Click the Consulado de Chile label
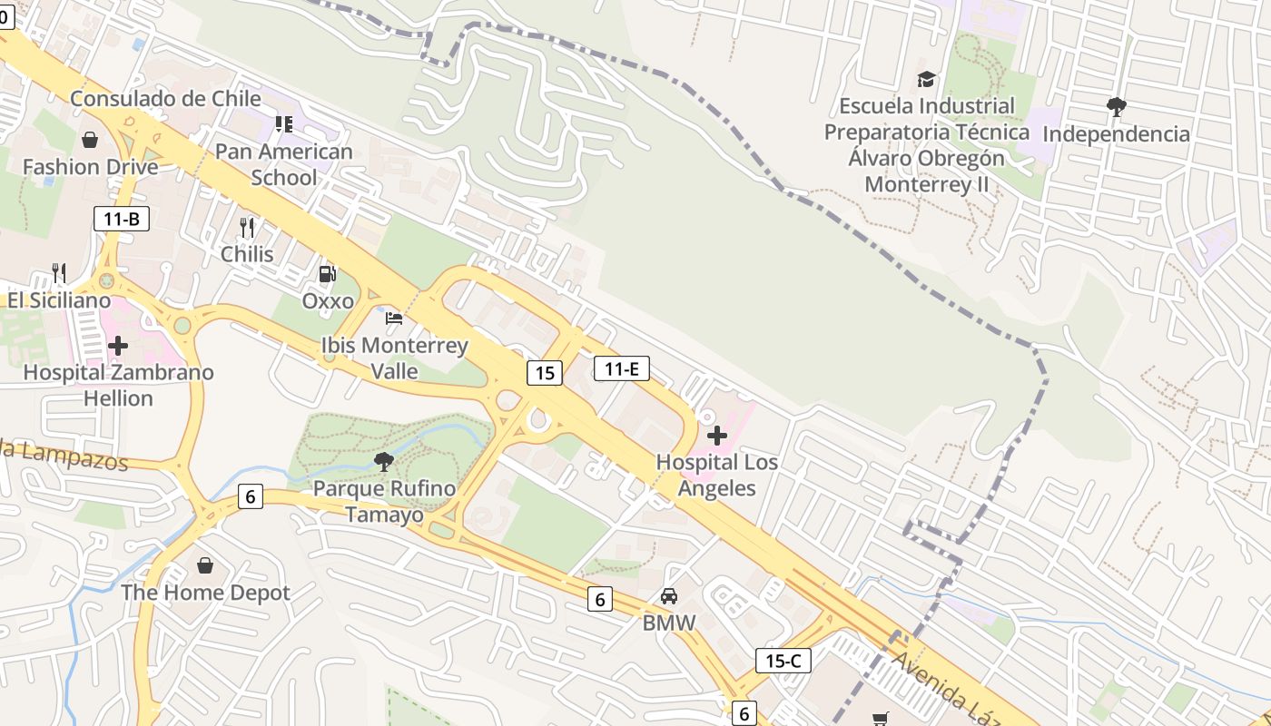tap(165, 98)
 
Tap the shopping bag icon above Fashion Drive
tap(90, 140)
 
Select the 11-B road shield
tap(121, 218)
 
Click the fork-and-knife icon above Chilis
tap(246, 227)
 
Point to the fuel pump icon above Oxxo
tap(327, 273)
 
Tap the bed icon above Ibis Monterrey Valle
tap(394, 319)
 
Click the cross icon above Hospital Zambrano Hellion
tap(118, 346)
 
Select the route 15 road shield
tap(544, 372)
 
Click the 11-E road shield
tap(622, 368)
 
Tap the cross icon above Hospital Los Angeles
tap(717, 436)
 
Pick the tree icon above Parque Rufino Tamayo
tap(384, 462)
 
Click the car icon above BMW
tap(669, 596)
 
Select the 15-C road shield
tap(783, 661)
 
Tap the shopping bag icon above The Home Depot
tap(205, 565)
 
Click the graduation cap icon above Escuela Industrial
tap(926, 79)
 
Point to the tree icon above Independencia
tap(1116, 107)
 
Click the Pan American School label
tap(284, 164)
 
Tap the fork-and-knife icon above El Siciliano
tap(59, 272)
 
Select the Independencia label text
tap(1116, 134)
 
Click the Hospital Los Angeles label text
tap(717, 475)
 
